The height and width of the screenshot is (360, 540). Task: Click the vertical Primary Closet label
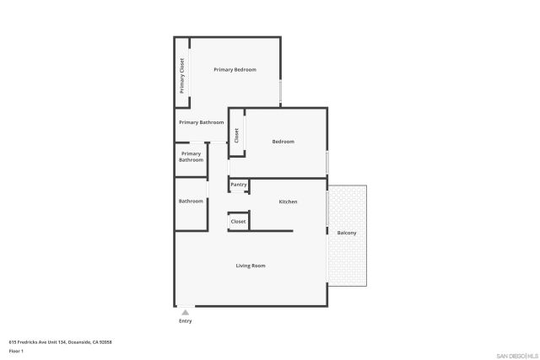(x=181, y=76)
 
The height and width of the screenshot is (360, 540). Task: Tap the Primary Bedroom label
(x=235, y=69)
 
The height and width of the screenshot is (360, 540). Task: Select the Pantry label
(x=239, y=185)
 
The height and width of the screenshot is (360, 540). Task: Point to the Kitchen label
(x=288, y=201)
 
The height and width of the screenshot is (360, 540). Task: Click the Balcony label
(x=347, y=233)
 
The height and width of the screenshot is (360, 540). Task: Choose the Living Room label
(x=251, y=266)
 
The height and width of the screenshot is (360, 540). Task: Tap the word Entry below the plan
(x=186, y=321)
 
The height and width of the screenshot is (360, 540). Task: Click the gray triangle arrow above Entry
(x=186, y=313)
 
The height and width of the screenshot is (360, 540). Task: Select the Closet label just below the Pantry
(x=238, y=221)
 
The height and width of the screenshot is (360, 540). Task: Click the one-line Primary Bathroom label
(x=201, y=122)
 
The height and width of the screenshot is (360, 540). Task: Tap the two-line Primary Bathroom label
(x=191, y=157)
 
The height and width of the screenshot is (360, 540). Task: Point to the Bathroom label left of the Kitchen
(x=191, y=201)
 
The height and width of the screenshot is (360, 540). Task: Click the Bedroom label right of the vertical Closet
(x=283, y=142)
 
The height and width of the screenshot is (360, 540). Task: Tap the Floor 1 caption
(x=15, y=350)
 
